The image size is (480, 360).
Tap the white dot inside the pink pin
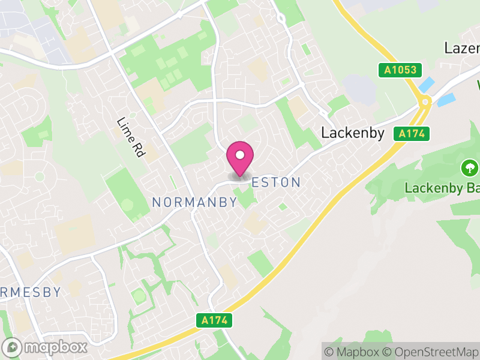(x=240, y=155)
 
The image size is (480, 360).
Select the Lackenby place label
(x=352, y=133)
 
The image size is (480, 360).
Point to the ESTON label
(x=275, y=182)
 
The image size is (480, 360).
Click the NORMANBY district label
(x=194, y=203)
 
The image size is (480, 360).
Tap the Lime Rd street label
(x=132, y=137)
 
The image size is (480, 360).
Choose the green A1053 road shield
(x=400, y=70)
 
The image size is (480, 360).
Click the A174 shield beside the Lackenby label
(x=413, y=134)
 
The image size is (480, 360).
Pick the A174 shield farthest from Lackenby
(x=215, y=320)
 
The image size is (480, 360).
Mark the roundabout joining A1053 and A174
(x=425, y=103)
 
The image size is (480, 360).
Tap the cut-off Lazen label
(x=461, y=47)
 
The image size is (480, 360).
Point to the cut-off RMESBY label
(x=30, y=293)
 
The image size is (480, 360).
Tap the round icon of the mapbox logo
(x=13, y=347)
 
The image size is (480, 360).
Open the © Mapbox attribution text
(x=356, y=352)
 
